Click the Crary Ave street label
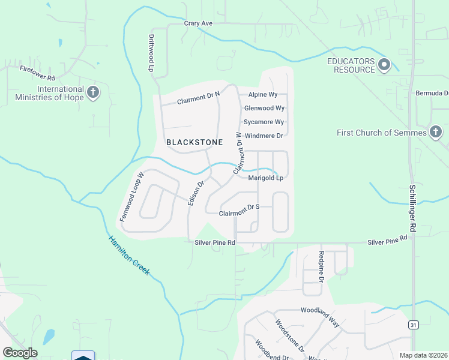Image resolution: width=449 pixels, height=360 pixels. coord(199,23)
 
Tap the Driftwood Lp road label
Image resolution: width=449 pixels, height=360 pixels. coord(151,52)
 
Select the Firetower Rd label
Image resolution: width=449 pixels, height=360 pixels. coord(37,74)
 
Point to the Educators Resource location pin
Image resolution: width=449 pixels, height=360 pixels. coord(385,65)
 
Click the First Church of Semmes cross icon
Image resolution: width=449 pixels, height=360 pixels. coord(436,132)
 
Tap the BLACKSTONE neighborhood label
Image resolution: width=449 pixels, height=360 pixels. coord(194,142)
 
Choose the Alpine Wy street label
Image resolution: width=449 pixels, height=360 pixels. coord(263,95)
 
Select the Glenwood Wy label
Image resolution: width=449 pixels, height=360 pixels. coord(264,109)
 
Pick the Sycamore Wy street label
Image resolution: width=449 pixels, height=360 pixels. coord(264,122)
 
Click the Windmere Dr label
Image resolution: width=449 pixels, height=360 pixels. coord(264,136)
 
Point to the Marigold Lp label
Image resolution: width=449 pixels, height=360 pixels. coord(265,178)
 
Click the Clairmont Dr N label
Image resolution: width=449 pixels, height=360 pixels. coord(199,98)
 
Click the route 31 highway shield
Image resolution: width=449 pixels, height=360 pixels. coord(413,325)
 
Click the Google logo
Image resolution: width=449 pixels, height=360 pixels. coord(20,353)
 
